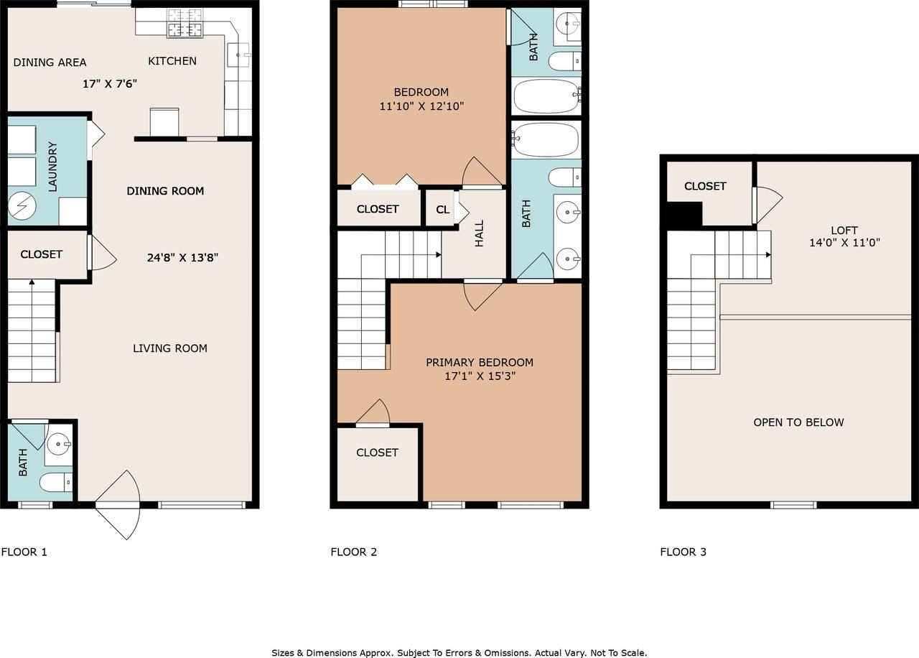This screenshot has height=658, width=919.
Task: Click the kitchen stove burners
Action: coord(185,23)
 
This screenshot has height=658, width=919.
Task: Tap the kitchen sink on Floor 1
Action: coord(238,55)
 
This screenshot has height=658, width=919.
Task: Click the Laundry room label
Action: coord(52,167)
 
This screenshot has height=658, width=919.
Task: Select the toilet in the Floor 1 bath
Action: coord(56,482)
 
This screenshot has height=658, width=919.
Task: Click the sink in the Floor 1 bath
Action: coord(59,445)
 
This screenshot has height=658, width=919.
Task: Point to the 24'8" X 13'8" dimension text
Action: coord(182,257)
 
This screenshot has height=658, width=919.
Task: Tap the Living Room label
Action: coord(170,348)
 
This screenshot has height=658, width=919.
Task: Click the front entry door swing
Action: coord(118,505)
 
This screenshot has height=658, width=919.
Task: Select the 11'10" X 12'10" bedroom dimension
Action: coord(421,106)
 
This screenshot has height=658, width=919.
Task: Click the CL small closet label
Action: coord(442,210)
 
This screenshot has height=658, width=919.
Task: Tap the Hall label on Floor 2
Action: coord(479,233)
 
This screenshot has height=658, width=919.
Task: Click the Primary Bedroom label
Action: coord(480,363)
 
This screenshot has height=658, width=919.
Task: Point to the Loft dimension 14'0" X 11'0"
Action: coord(844,243)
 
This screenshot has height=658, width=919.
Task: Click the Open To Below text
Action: coord(798,422)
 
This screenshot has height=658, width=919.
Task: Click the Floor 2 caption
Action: coord(354,552)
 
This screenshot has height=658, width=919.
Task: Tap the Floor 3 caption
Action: coord(683,552)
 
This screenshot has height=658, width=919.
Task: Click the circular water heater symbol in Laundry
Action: coord(22,205)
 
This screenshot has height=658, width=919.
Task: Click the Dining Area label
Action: coord(50,62)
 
